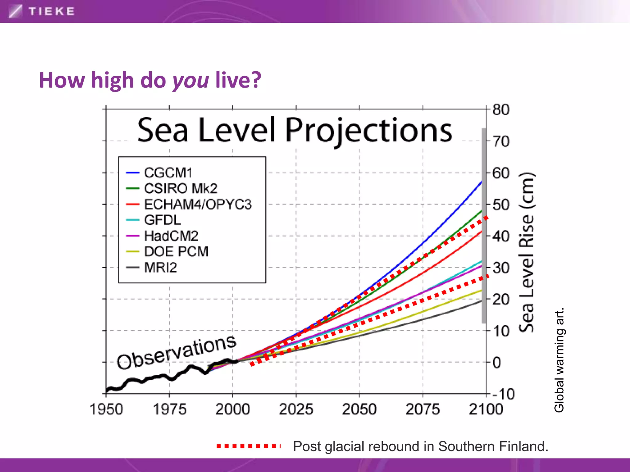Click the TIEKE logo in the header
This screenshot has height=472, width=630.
[42, 11]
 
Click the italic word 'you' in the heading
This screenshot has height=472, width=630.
[191, 81]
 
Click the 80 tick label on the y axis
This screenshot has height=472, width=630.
[501, 110]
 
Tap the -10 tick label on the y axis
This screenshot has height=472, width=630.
[503, 394]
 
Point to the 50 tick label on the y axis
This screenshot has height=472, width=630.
[501, 205]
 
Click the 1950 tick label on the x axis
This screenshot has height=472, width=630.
[106, 409]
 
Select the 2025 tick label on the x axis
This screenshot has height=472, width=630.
[296, 409]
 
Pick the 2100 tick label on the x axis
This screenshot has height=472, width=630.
[486, 409]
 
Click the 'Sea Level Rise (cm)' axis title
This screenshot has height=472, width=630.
[527, 252]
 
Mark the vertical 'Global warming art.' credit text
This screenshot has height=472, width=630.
[559, 360]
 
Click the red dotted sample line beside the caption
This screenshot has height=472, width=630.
[249, 446]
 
